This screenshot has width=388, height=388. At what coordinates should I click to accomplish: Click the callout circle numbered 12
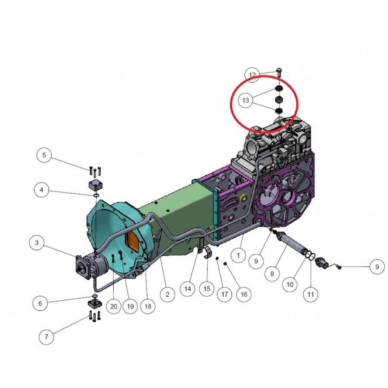[x=252, y=75]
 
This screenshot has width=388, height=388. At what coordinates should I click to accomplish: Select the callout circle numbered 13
[x=245, y=100]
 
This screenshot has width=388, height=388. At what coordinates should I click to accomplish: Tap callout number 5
[x=44, y=155]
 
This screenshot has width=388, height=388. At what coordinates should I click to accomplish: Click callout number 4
[x=41, y=189]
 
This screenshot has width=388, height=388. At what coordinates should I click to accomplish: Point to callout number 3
[x=37, y=242]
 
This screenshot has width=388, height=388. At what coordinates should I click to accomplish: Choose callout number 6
[x=40, y=303]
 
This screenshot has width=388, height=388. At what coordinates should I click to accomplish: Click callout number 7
[x=47, y=336]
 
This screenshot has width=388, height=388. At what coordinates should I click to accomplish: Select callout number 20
[x=114, y=307]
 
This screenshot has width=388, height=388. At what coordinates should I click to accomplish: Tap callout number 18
[x=147, y=307]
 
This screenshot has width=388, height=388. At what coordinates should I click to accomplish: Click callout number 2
[x=167, y=294]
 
